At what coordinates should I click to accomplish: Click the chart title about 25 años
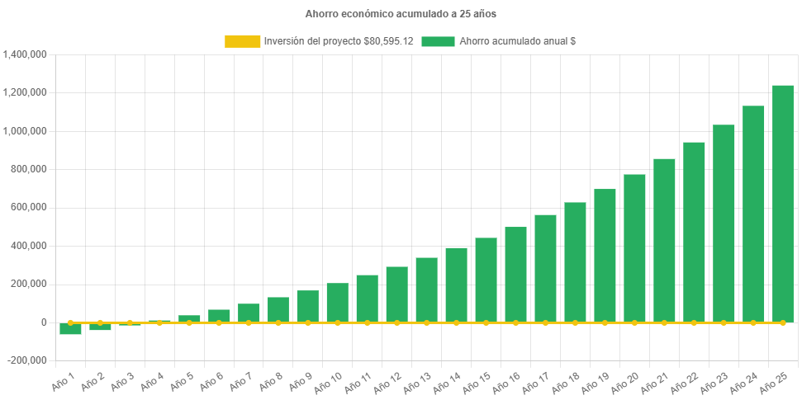(x=401, y=14)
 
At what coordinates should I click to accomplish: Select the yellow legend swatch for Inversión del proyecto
(x=242, y=40)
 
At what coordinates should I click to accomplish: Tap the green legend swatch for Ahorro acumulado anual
(x=438, y=40)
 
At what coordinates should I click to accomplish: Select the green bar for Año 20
(x=634, y=247)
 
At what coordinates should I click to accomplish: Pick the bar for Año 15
(x=486, y=280)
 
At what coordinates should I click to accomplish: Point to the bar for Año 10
(x=337, y=303)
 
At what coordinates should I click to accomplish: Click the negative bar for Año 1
(x=70, y=328)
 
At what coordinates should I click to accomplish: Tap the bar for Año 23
(x=724, y=224)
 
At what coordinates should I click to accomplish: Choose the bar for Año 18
(x=575, y=262)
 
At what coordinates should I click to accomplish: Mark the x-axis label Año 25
(x=777, y=382)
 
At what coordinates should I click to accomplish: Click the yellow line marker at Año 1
(x=70, y=322)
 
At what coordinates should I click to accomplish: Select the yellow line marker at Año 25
(x=782, y=322)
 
